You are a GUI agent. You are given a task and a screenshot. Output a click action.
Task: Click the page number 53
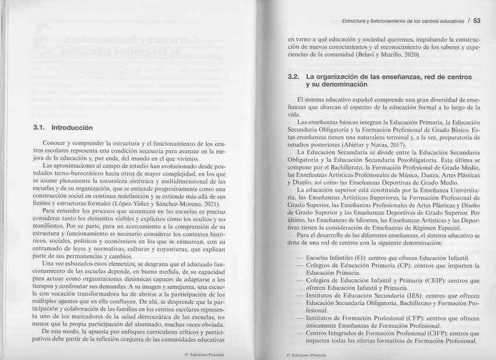476,21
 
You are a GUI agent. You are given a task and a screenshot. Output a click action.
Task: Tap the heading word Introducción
76,127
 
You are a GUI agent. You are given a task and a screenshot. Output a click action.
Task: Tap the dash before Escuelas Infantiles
299,258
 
